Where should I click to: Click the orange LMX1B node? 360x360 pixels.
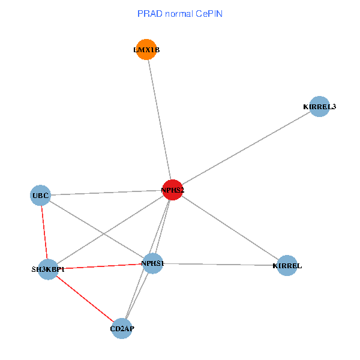pos(146,49)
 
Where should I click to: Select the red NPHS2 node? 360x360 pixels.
pos(173,190)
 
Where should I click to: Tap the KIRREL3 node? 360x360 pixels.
pos(319,107)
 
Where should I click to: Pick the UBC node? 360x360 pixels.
pos(40,196)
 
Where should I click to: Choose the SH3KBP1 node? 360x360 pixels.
pos(48,269)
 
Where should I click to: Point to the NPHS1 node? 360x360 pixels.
pos(152,263)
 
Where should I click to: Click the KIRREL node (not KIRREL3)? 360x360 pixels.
pos(287,265)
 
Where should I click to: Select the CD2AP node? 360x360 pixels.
pos(122,329)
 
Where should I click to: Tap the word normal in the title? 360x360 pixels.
pos(179,14)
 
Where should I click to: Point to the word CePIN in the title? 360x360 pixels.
pos(209,14)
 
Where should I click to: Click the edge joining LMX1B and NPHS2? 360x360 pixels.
pos(160,119)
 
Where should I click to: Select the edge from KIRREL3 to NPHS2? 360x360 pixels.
pos(246,148)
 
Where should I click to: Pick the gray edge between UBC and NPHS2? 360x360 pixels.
pos(107,193)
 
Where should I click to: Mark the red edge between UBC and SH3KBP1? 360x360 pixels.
pos(44,232)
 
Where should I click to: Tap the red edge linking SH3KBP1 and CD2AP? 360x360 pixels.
pos(85,299)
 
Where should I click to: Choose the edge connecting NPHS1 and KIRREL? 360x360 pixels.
pos(220,265)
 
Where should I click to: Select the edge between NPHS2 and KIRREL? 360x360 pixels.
pos(230,228)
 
